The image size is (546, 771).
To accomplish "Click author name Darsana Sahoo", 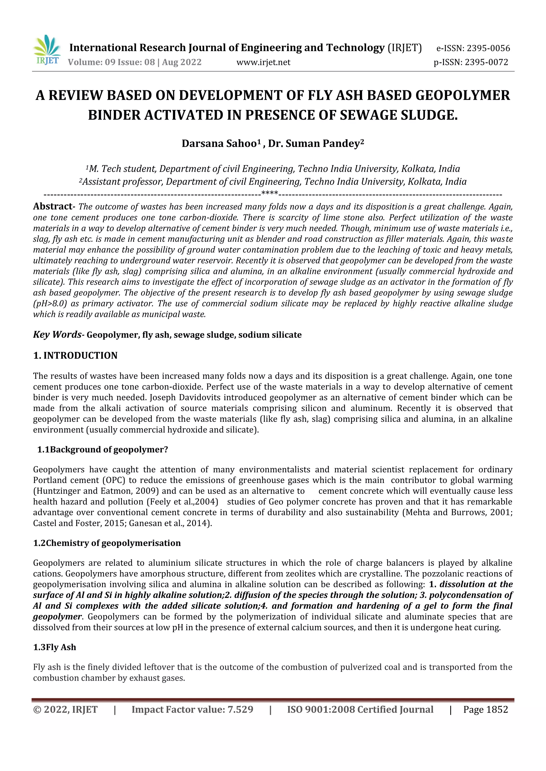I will click(x=219, y=144).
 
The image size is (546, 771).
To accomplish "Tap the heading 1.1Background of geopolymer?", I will click(x=103, y=450).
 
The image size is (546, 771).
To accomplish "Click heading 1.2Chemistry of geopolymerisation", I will click(x=107, y=543).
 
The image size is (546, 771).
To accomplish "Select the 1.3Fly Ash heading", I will click(x=54, y=647).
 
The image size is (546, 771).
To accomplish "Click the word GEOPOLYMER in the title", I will click(x=463, y=95).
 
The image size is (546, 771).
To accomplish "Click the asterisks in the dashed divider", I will click(x=269, y=194).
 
